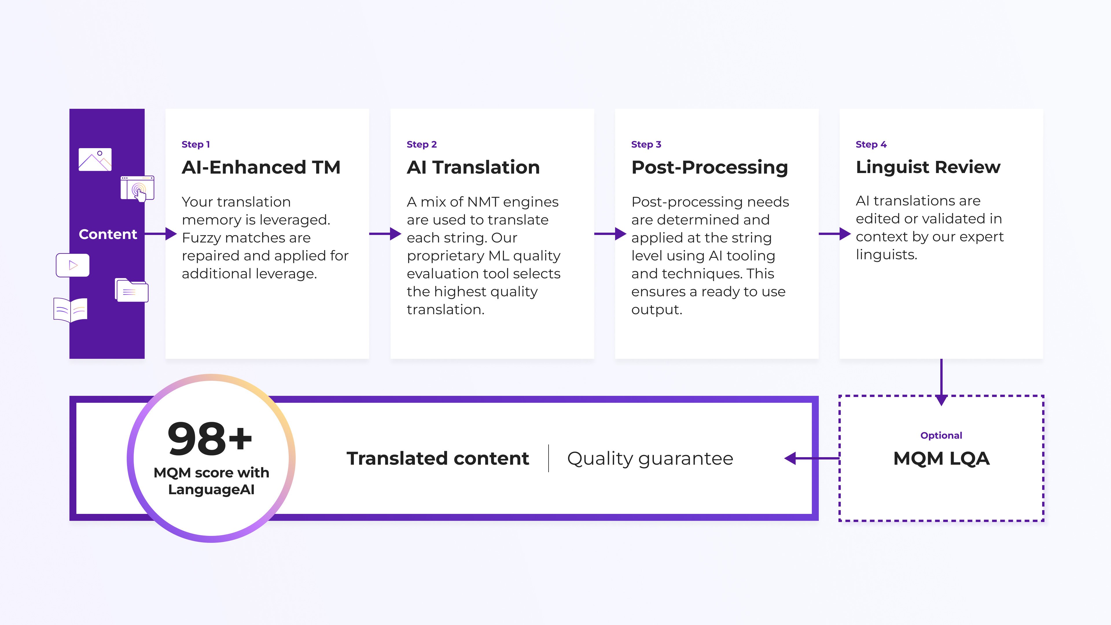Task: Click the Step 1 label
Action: [x=195, y=144]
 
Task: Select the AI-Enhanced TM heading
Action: [x=261, y=167]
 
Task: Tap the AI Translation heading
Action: [x=473, y=167]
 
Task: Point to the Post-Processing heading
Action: [x=709, y=167]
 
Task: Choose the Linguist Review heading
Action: [x=928, y=167]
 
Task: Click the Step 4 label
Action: [x=871, y=144]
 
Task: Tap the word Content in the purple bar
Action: [x=108, y=234]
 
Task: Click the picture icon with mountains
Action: [x=95, y=160]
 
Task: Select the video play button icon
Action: [x=72, y=265]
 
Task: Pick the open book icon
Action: [x=70, y=310]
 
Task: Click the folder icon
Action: [x=132, y=290]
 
